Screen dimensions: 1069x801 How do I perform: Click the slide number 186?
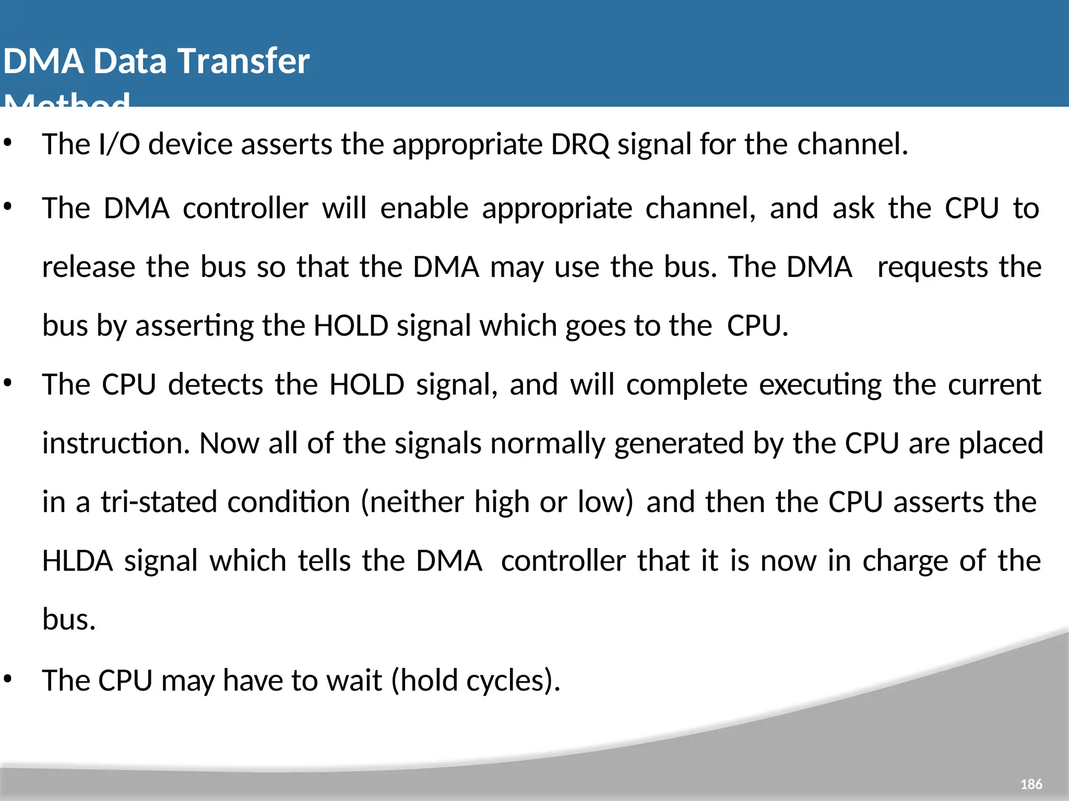[1031, 784]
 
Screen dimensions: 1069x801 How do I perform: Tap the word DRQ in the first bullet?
[580, 144]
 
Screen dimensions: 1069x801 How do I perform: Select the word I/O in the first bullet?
[120, 144]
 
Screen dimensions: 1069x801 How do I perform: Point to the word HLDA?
[77, 561]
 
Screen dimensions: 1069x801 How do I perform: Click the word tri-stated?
[159, 502]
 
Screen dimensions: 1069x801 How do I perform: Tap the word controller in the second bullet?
[245, 209]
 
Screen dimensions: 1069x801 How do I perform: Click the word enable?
[424, 209]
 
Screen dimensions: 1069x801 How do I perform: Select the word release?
[88, 267]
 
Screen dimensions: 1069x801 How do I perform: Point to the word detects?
[216, 385]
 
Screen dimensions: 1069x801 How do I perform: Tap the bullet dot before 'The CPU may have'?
[7, 678]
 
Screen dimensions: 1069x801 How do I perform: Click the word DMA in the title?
[43, 61]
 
